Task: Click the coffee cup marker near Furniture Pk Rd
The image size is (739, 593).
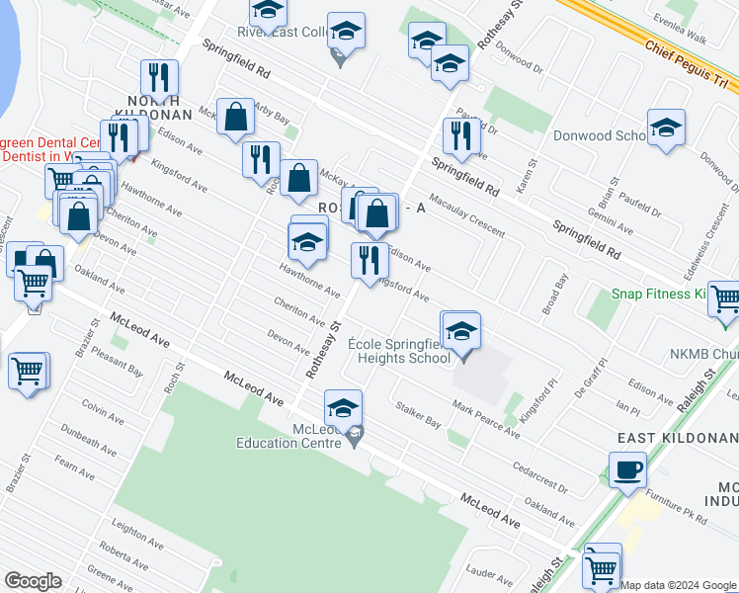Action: [x=627, y=469]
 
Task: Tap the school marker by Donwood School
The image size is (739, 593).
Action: [x=667, y=127]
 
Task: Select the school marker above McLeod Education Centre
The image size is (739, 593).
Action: [x=343, y=407]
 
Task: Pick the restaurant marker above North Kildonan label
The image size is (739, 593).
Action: [x=158, y=78]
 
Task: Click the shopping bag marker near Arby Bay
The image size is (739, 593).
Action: [x=236, y=117]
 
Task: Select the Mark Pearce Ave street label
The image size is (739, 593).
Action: [x=485, y=419]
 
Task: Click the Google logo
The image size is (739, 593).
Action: [x=33, y=581]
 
